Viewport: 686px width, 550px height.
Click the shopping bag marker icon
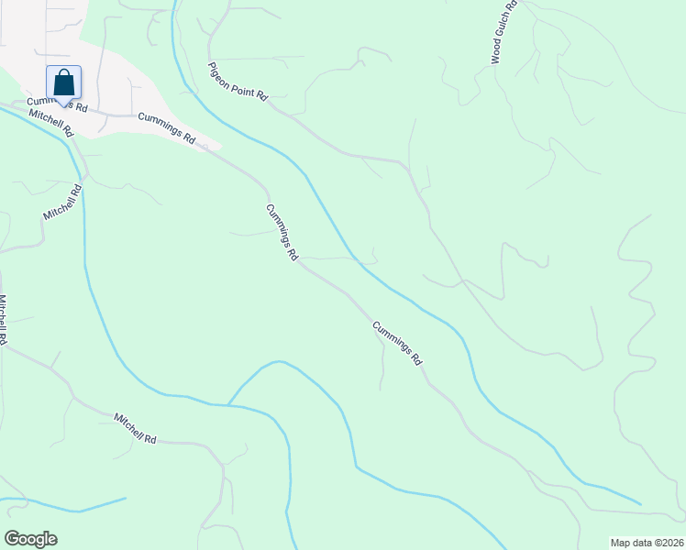click(x=63, y=82)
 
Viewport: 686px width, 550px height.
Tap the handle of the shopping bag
click(x=63, y=75)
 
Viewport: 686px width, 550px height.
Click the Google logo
click(x=30, y=539)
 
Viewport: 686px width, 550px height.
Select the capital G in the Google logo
click(x=12, y=538)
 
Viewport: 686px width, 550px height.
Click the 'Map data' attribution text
click(x=631, y=542)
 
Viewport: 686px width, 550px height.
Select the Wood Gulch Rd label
click(x=504, y=31)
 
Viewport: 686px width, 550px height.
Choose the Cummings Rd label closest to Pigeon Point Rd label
click(x=167, y=127)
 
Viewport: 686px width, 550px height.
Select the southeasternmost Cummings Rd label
click(x=397, y=343)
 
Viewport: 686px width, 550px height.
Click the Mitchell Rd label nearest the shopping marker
click(x=50, y=122)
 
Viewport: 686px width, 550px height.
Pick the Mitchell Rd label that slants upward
click(x=62, y=202)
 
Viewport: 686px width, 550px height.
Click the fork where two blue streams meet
click(x=227, y=404)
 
